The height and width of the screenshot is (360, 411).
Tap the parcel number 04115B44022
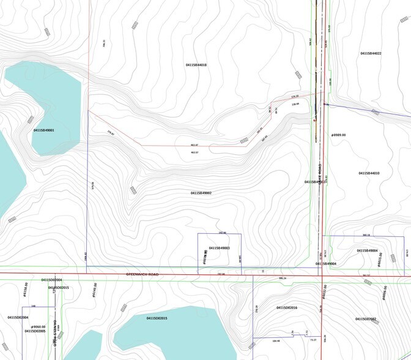point(371,54)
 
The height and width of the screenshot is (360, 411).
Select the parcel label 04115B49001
point(44,130)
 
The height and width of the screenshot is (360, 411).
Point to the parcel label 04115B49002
point(201,193)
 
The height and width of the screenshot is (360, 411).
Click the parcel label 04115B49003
point(219,248)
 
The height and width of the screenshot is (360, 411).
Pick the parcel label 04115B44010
point(369,173)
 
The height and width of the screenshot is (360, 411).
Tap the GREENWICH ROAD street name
point(142,274)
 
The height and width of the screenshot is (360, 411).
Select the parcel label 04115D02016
point(286,307)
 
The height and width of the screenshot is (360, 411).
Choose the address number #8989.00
point(338,135)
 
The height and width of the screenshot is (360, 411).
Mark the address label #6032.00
point(324,292)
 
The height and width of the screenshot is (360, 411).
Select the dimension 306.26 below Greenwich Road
point(282,278)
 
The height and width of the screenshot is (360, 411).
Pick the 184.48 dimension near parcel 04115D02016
point(275,340)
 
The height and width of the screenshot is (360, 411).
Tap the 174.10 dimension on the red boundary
point(294,97)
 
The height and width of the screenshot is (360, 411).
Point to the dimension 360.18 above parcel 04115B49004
point(366,234)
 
